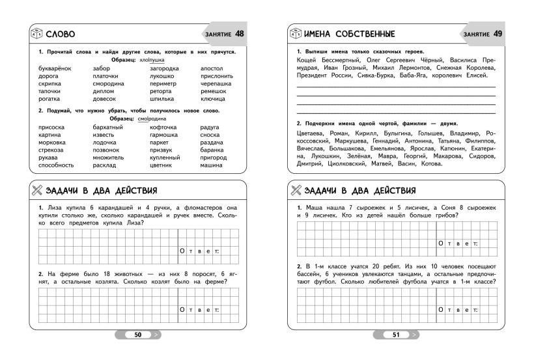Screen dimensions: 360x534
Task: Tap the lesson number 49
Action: pos(498,33)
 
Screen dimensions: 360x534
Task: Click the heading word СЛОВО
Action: pos(59,34)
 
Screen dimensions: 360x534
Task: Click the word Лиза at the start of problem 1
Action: pos(52,207)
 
